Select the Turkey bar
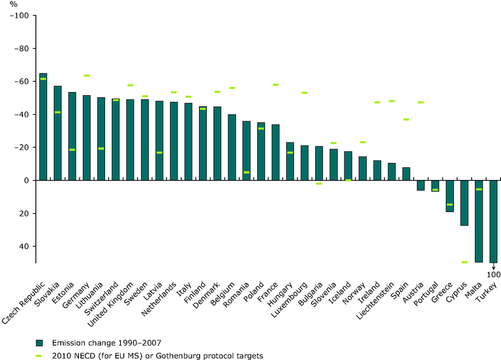click(x=493, y=221)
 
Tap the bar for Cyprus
click(x=464, y=203)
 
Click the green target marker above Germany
click(x=87, y=76)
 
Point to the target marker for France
click(x=275, y=85)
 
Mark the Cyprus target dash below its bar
click(x=464, y=262)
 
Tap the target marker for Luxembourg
click(x=305, y=93)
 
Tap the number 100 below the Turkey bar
click(x=493, y=274)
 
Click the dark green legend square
click(x=40, y=342)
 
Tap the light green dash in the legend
click(x=40, y=355)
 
